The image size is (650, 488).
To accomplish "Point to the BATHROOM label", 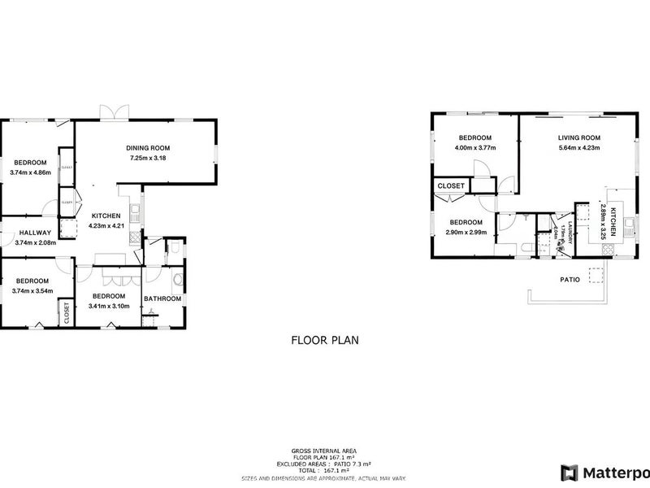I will pyautogui.click(x=162, y=298).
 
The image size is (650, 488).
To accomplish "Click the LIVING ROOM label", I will pyautogui.click(x=578, y=137).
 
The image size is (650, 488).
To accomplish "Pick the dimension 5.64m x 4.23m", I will pyautogui.click(x=578, y=147).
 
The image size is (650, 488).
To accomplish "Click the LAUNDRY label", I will pyautogui.click(x=571, y=233).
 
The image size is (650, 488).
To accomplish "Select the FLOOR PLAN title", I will pyautogui.click(x=324, y=342).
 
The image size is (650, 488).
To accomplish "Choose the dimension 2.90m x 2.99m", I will pyautogui.click(x=466, y=232).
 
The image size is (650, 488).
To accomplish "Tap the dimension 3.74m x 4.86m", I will pyautogui.click(x=31, y=172).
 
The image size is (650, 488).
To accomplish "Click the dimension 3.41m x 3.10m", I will pyautogui.click(x=108, y=306).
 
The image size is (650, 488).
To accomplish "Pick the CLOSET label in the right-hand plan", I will pyautogui.click(x=451, y=185).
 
